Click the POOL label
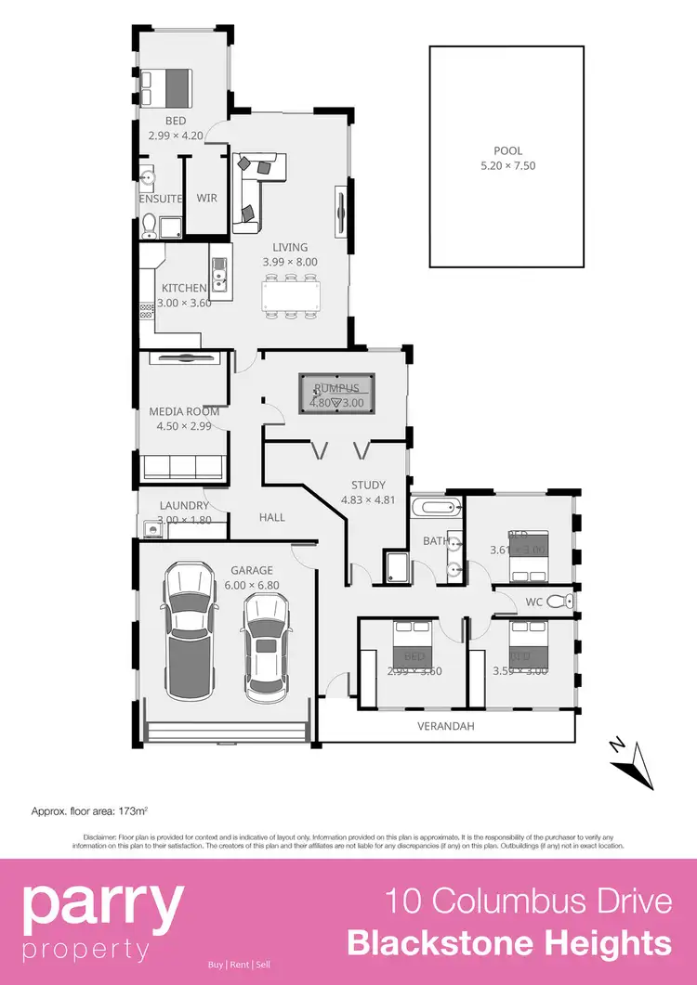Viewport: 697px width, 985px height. click(507, 150)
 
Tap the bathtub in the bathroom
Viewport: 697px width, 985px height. click(436, 508)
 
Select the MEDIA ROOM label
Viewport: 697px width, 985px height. click(184, 411)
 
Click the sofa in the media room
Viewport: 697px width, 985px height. click(182, 468)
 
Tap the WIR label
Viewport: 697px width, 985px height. click(206, 198)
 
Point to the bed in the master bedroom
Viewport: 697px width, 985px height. click(165, 87)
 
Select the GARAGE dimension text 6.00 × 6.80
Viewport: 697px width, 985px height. click(251, 585)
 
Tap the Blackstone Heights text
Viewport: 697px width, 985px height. click(509, 944)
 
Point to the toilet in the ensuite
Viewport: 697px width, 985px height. click(149, 223)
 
